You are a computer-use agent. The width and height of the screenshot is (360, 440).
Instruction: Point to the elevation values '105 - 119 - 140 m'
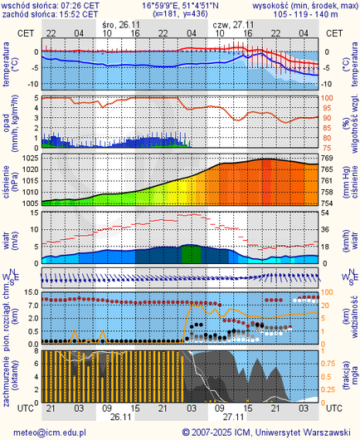(x=306, y=14)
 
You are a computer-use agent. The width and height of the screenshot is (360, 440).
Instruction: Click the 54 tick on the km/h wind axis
(x=327, y=214)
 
